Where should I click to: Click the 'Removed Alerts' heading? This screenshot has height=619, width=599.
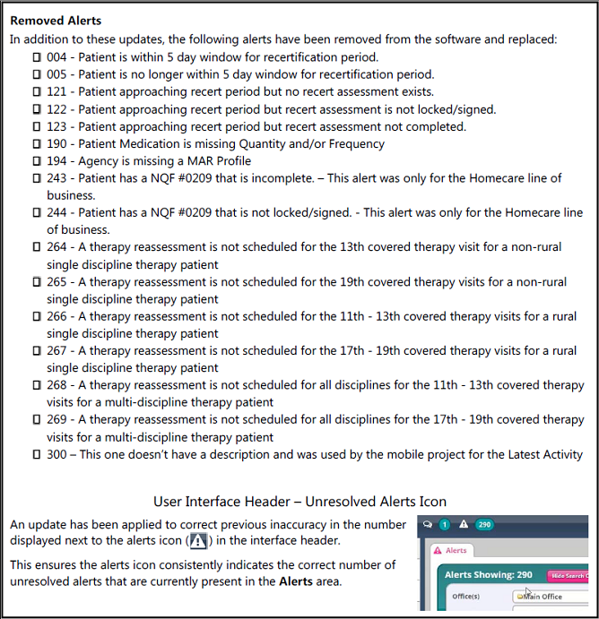point(56,21)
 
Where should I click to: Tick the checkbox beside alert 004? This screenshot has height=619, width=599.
point(37,57)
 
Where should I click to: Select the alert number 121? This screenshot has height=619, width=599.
point(57,91)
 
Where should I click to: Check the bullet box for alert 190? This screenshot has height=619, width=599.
point(37,143)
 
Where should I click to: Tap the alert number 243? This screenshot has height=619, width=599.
point(57,178)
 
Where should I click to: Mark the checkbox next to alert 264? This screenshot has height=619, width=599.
point(37,247)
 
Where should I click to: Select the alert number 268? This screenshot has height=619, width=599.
point(57,385)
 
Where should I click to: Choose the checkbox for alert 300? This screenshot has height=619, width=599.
point(37,454)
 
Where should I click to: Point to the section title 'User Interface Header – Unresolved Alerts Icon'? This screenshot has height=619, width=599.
point(299,502)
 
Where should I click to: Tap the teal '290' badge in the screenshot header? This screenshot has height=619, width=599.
point(484,525)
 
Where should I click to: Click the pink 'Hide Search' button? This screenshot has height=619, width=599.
point(567,575)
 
